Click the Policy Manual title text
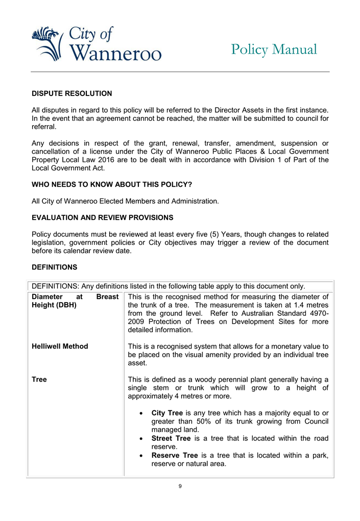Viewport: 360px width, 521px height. tap(274, 49)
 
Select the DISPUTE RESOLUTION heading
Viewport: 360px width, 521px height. tap(71, 93)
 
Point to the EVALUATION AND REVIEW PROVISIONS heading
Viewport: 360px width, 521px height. tap(102, 217)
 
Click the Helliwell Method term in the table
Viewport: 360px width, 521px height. tap(60, 346)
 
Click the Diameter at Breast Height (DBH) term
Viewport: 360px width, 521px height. tap(75, 301)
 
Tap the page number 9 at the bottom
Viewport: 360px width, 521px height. tap(180, 486)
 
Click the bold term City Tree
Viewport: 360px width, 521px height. tap(167, 413)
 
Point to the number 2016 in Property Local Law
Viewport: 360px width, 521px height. tap(98, 159)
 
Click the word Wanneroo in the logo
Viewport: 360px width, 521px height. tap(114, 53)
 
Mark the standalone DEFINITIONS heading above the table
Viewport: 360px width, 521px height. tap(55, 267)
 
